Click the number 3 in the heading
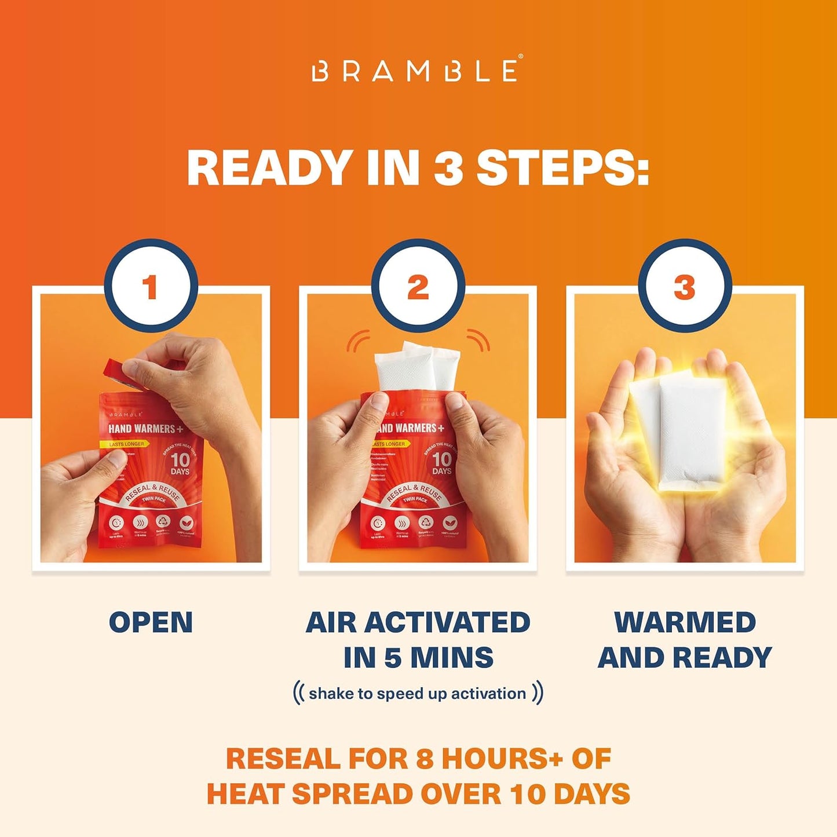[x=448, y=168]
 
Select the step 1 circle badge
[x=151, y=286]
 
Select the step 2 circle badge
[x=418, y=286]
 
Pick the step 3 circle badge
[x=685, y=286]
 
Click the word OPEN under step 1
[x=151, y=623]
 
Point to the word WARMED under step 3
[x=685, y=623]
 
